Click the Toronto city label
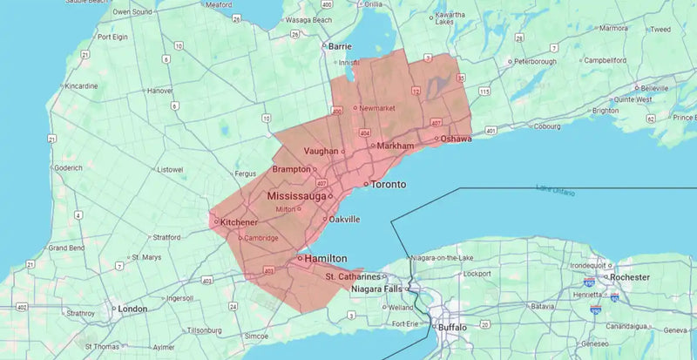[x=388, y=185]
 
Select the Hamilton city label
[x=325, y=259]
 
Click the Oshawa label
[x=456, y=139]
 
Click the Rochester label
[x=629, y=277]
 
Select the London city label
[x=132, y=309]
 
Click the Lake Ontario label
[x=556, y=188]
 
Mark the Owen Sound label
[x=132, y=12]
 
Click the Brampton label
[x=290, y=169]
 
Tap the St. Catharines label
[x=354, y=276]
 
